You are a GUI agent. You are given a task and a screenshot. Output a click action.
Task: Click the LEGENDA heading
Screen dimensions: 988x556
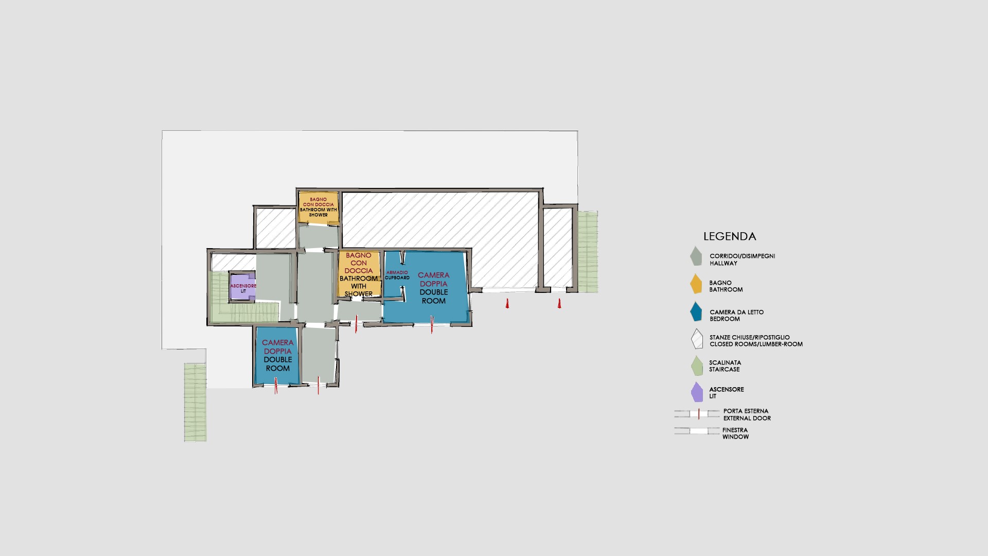click(730, 236)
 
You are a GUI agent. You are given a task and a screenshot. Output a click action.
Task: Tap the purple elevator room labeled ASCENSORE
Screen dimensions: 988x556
click(242, 286)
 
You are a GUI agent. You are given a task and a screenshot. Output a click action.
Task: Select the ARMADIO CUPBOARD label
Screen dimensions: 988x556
click(397, 275)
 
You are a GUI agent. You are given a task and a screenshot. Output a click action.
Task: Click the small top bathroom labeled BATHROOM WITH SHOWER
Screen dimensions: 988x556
click(319, 207)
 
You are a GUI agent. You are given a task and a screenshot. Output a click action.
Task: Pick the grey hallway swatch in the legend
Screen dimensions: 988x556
click(696, 255)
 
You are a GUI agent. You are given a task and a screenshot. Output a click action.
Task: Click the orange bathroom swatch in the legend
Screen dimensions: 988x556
click(696, 283)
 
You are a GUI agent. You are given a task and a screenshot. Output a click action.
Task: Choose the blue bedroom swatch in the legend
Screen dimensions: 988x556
click(696, 311)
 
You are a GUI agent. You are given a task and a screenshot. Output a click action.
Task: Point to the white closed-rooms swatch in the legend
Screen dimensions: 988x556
click(696, 339)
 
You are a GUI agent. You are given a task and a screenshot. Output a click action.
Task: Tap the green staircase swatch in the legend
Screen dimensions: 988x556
click(696, 366)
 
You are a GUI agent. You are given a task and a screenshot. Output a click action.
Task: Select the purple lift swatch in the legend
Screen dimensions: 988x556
click(697, 392)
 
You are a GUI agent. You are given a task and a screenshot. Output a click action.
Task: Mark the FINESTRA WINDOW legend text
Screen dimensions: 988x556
click(735, 433)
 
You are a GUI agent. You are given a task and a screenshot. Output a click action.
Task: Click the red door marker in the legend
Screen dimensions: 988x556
click(699, 413)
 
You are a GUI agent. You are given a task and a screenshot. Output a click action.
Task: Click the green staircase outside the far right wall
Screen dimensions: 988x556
click(588, 252)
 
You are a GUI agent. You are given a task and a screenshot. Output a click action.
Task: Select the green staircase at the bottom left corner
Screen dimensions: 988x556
click(196, 402)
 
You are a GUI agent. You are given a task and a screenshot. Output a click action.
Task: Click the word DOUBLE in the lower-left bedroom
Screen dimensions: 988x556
click(278, 359)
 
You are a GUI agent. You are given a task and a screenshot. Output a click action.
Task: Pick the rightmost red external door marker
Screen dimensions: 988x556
click(559, 303)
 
